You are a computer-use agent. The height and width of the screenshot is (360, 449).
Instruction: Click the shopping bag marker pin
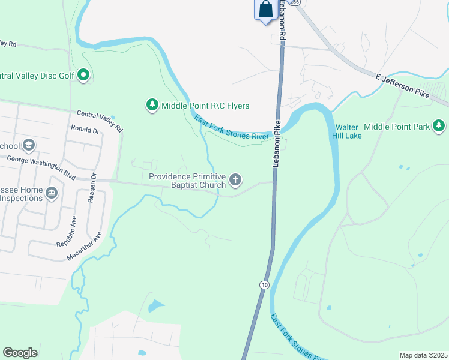[x=265, y=10]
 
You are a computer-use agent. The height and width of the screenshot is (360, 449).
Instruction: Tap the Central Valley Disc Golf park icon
[x=84, y=76]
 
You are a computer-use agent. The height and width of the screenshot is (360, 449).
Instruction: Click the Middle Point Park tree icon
[x=440, y=126]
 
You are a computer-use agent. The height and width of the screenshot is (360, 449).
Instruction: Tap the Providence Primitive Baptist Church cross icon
[x=236, y=179]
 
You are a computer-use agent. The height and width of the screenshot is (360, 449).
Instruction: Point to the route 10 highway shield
[x=264, y=284]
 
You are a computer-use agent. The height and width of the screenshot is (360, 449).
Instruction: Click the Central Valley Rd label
[x=99, y=121]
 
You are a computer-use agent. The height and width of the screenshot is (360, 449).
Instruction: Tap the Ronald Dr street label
[x=85, y=129]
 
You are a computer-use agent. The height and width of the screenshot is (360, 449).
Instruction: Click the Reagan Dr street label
[x=92, y=189]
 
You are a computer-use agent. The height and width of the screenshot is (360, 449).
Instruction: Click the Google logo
[x=20, y=353]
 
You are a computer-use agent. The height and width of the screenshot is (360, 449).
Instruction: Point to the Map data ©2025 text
[x=423, y=355]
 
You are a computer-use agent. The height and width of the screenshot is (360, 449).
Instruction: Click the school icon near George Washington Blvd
[x=29, y=146]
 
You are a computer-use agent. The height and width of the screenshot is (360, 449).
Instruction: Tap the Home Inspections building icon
[x=52, y=193]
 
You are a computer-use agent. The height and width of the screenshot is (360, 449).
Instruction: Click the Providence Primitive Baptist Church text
[x=187, y=181]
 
